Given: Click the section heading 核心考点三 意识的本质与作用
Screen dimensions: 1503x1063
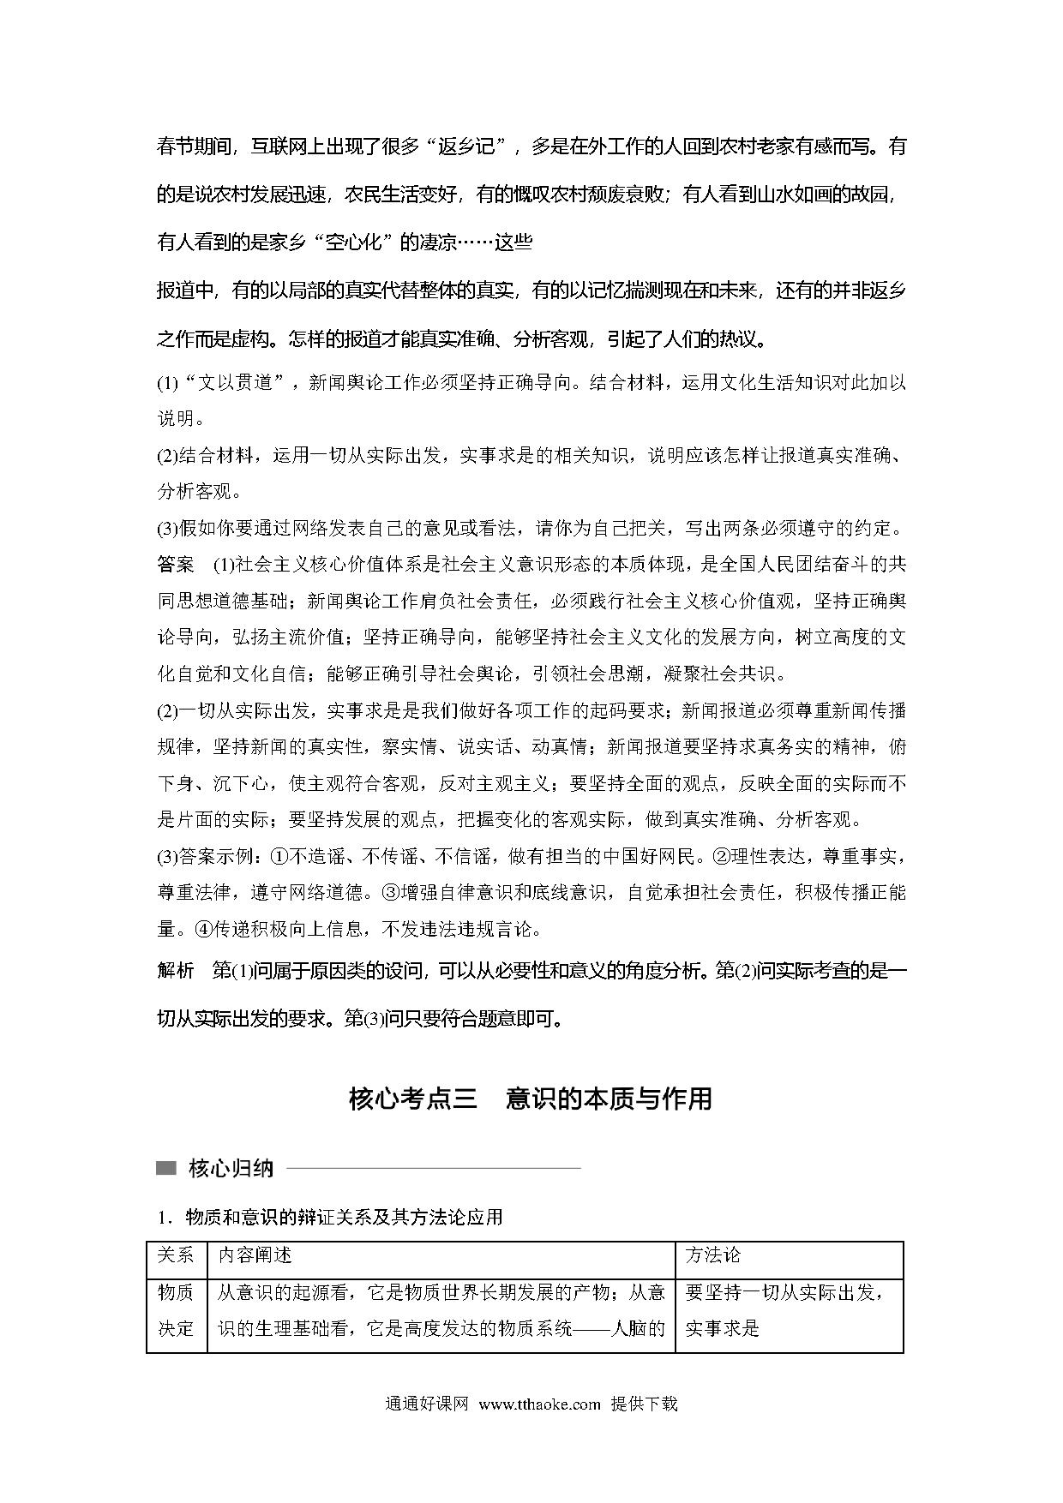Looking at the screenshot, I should coord(531,1098).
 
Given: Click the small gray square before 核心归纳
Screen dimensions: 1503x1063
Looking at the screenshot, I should coord(166,1168).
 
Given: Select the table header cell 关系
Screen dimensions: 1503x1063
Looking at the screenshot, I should coord(177,1255).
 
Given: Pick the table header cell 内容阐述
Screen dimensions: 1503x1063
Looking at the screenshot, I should coord(255,1255).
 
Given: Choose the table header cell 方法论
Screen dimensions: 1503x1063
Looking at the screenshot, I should coord(712,1255).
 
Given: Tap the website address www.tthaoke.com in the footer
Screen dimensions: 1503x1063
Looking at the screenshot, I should coord(540,1404).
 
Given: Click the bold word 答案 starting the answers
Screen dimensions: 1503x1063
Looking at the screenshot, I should coord(176,565).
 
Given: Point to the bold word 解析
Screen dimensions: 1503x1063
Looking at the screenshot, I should coord(176,971).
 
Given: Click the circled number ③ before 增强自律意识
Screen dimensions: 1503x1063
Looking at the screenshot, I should coord(389,892).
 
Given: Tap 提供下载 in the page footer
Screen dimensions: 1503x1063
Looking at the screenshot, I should coord(644,1404).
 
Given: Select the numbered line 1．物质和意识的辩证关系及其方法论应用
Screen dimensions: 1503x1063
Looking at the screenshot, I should coord(330,1217).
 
